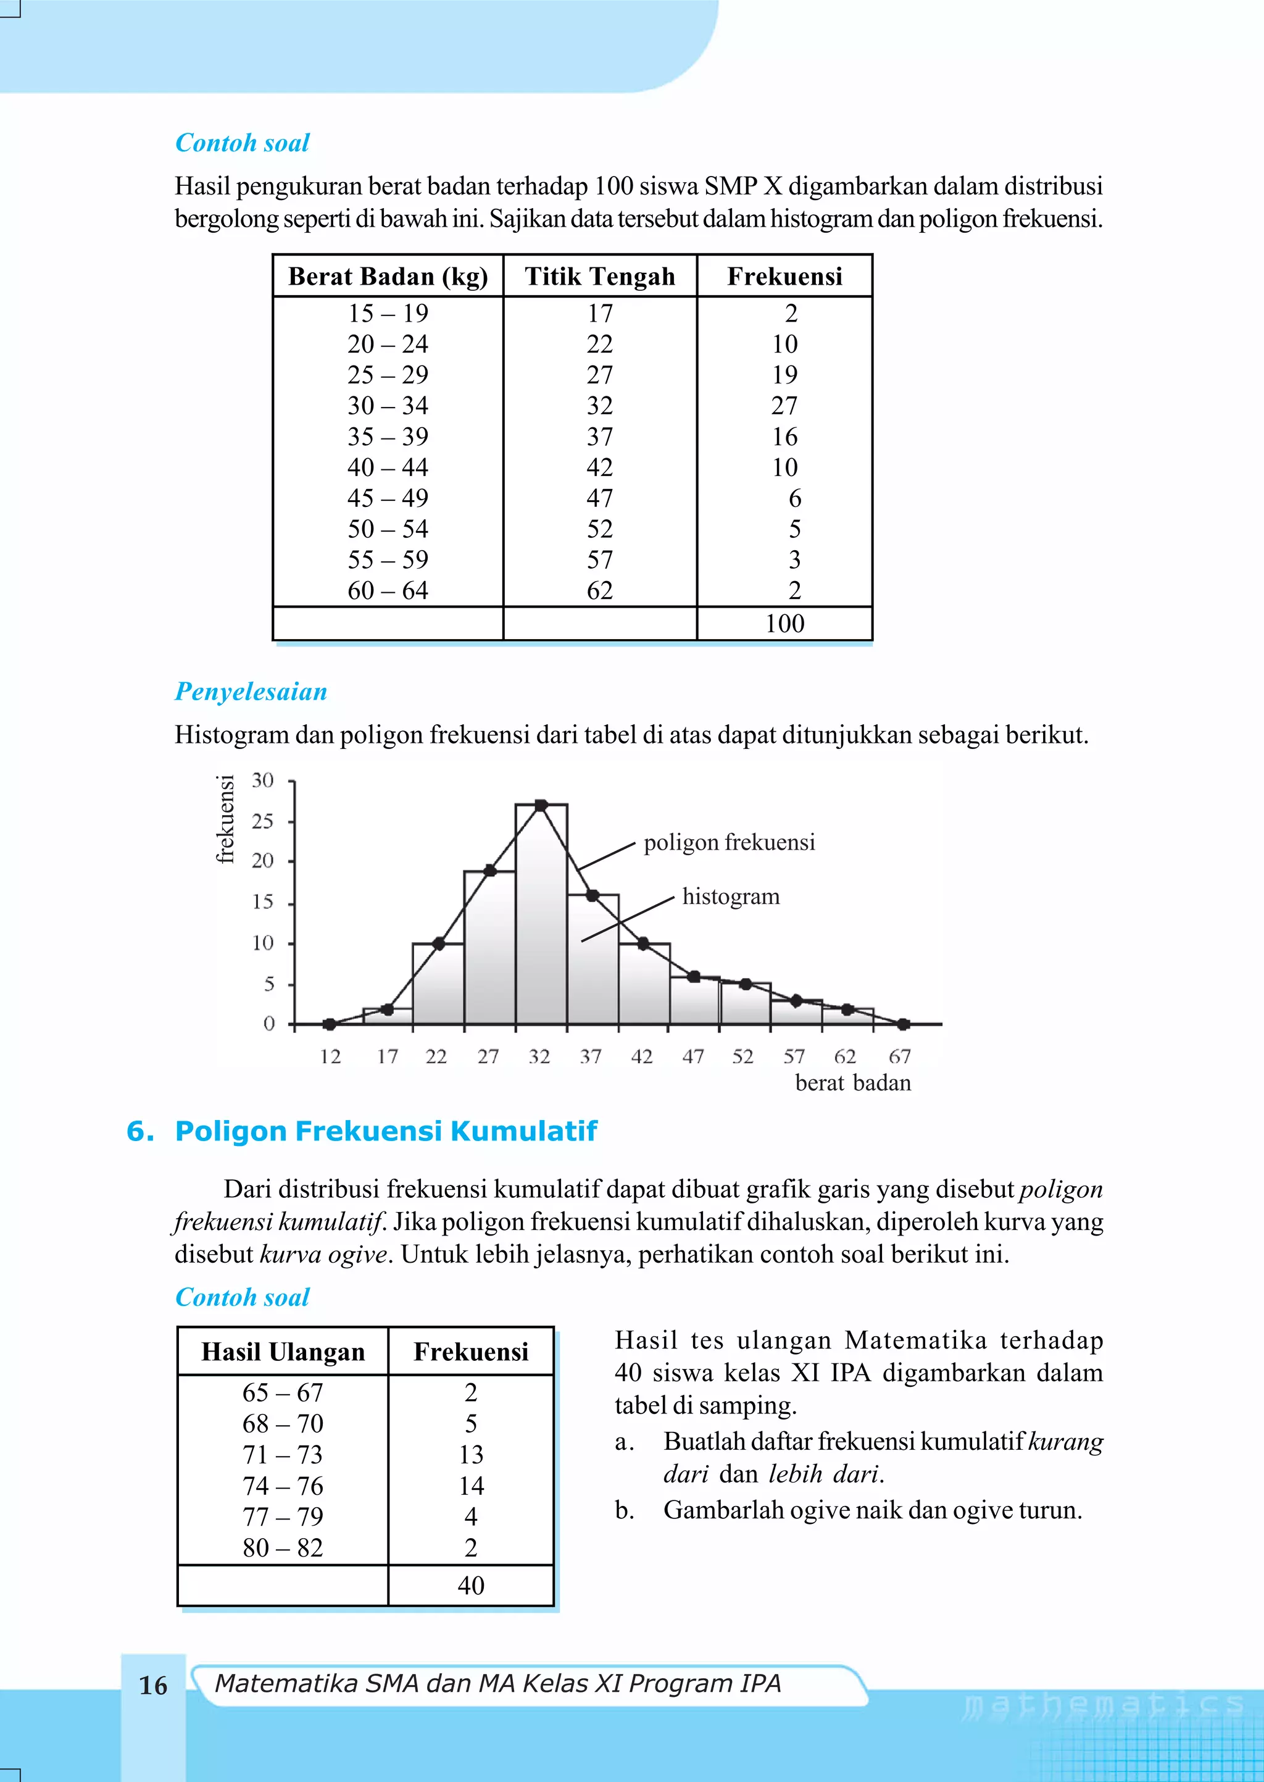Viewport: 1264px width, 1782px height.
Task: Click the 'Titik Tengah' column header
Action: tap(599, 277)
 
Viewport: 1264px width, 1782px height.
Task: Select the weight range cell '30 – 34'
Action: tap(388, 406)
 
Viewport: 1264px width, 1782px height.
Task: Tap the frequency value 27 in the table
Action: tap(784, 406)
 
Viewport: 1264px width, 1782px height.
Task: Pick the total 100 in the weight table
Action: tap(784, 624)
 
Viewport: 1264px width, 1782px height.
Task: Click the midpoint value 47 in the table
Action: tap(599, 498)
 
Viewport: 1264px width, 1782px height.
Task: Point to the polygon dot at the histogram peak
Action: tap(541, 805)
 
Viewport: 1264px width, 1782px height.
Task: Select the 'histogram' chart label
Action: tap(731, 897)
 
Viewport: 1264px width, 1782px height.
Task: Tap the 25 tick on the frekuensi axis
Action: tap(263, 821)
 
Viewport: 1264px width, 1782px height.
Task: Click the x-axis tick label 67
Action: tap(900, 1056)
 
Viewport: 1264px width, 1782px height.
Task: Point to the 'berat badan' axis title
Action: tap(853, 1083)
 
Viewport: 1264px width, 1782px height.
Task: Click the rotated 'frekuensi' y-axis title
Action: tap(225, 819)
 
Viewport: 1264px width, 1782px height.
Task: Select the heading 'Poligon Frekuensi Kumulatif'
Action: tap(386, 1131)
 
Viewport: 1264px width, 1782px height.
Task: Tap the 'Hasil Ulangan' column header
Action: tap(283, 1352)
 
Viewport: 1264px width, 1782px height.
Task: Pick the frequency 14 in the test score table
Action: tap(471, 1486)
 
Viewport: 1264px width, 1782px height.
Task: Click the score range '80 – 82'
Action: tap(283, 1547)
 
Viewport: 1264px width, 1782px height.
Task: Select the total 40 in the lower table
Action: tap(471, 1585)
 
